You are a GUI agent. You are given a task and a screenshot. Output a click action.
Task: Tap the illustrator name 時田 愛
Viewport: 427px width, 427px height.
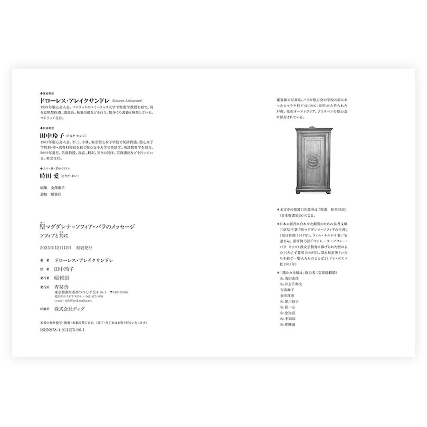pos(51,176)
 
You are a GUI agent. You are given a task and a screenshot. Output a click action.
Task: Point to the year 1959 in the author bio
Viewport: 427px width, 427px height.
pos(45,107)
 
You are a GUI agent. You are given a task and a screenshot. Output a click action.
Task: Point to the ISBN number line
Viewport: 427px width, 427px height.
pos(62,329)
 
